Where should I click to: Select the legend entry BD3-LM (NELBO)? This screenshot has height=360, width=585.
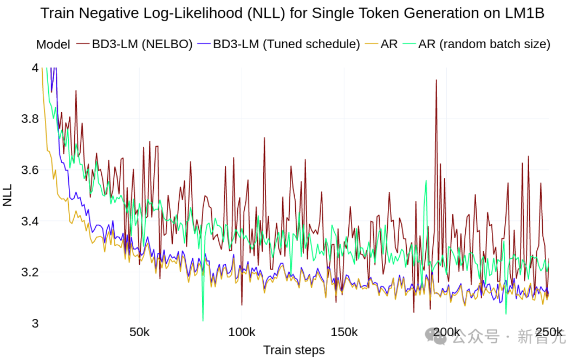pyautogui.click(x=142, y=44)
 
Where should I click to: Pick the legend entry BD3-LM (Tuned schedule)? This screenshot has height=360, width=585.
pyautogui.click(x=286, y=44)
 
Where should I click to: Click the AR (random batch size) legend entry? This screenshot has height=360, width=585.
pyautogui.click(x=484, y=44)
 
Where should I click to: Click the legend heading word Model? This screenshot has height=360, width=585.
pyautogui.click(x=53, y=45)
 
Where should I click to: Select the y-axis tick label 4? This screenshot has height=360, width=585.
pyautogui.click(x=35, y=68)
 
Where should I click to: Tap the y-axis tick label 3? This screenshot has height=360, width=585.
pyautogui.click(x=35, y=323)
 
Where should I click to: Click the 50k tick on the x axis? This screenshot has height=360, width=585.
pyautogui.click(x=140, y=332)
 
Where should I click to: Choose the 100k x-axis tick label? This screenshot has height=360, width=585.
pyautogui.click(x=242, y=332)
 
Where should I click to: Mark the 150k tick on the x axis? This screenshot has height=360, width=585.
pyautogui.click(x=344, y=332)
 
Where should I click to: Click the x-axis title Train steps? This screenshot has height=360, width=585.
pyautogui.click(x=294, y=350)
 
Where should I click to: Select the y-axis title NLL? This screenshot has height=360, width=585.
pyautogui.click(x=8, y=195)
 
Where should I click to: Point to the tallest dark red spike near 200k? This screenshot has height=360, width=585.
pyautogui.click(x=436, y=81)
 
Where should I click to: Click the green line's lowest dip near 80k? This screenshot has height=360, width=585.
pyautogui.click(x=203, y=320)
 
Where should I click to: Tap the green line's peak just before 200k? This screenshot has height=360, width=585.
pyautogui.click(x=427, y=181)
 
